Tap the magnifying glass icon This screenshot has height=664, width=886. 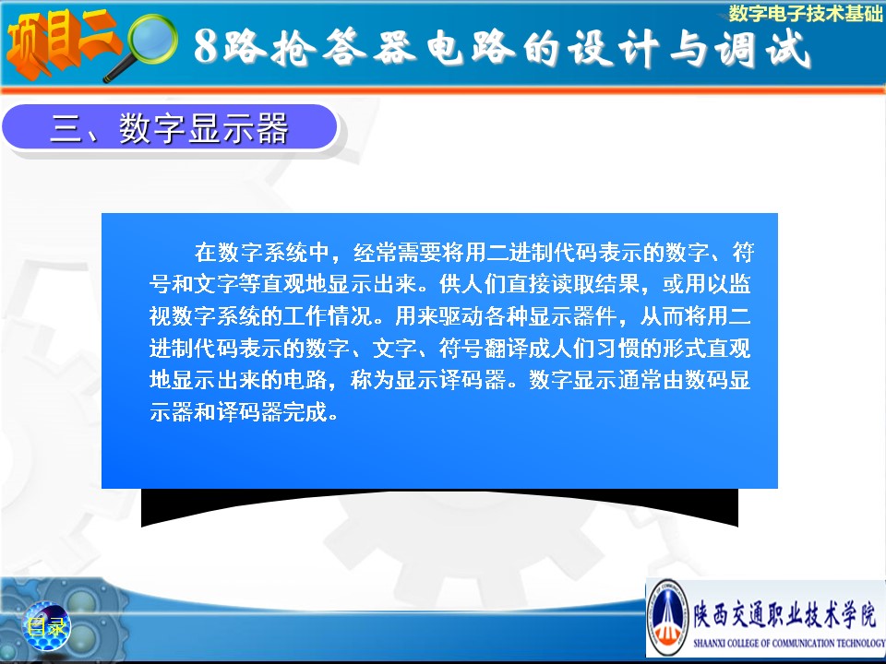point(144,46)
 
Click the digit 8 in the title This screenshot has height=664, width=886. point(206,46)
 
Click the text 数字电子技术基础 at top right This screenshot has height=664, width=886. point(806,13)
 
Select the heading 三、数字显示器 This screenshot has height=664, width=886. point(170,128)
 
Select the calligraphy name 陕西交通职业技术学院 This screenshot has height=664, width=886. point(785,614)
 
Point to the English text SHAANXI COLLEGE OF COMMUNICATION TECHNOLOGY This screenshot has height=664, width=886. point(789,643)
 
